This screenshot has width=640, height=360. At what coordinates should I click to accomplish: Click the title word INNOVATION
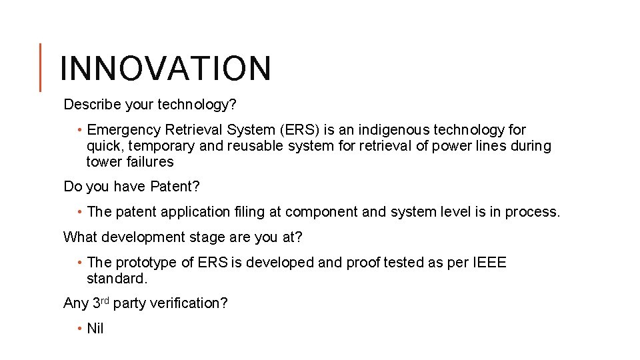165,68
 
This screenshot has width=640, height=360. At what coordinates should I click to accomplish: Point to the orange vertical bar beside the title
40,67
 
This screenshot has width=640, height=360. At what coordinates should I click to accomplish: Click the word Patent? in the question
175,187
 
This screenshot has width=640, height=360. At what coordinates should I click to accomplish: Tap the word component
317,212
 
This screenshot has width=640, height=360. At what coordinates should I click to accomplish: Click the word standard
115,279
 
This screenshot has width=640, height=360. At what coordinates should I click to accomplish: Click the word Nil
95,329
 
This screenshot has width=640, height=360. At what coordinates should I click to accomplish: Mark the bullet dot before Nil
79,329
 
